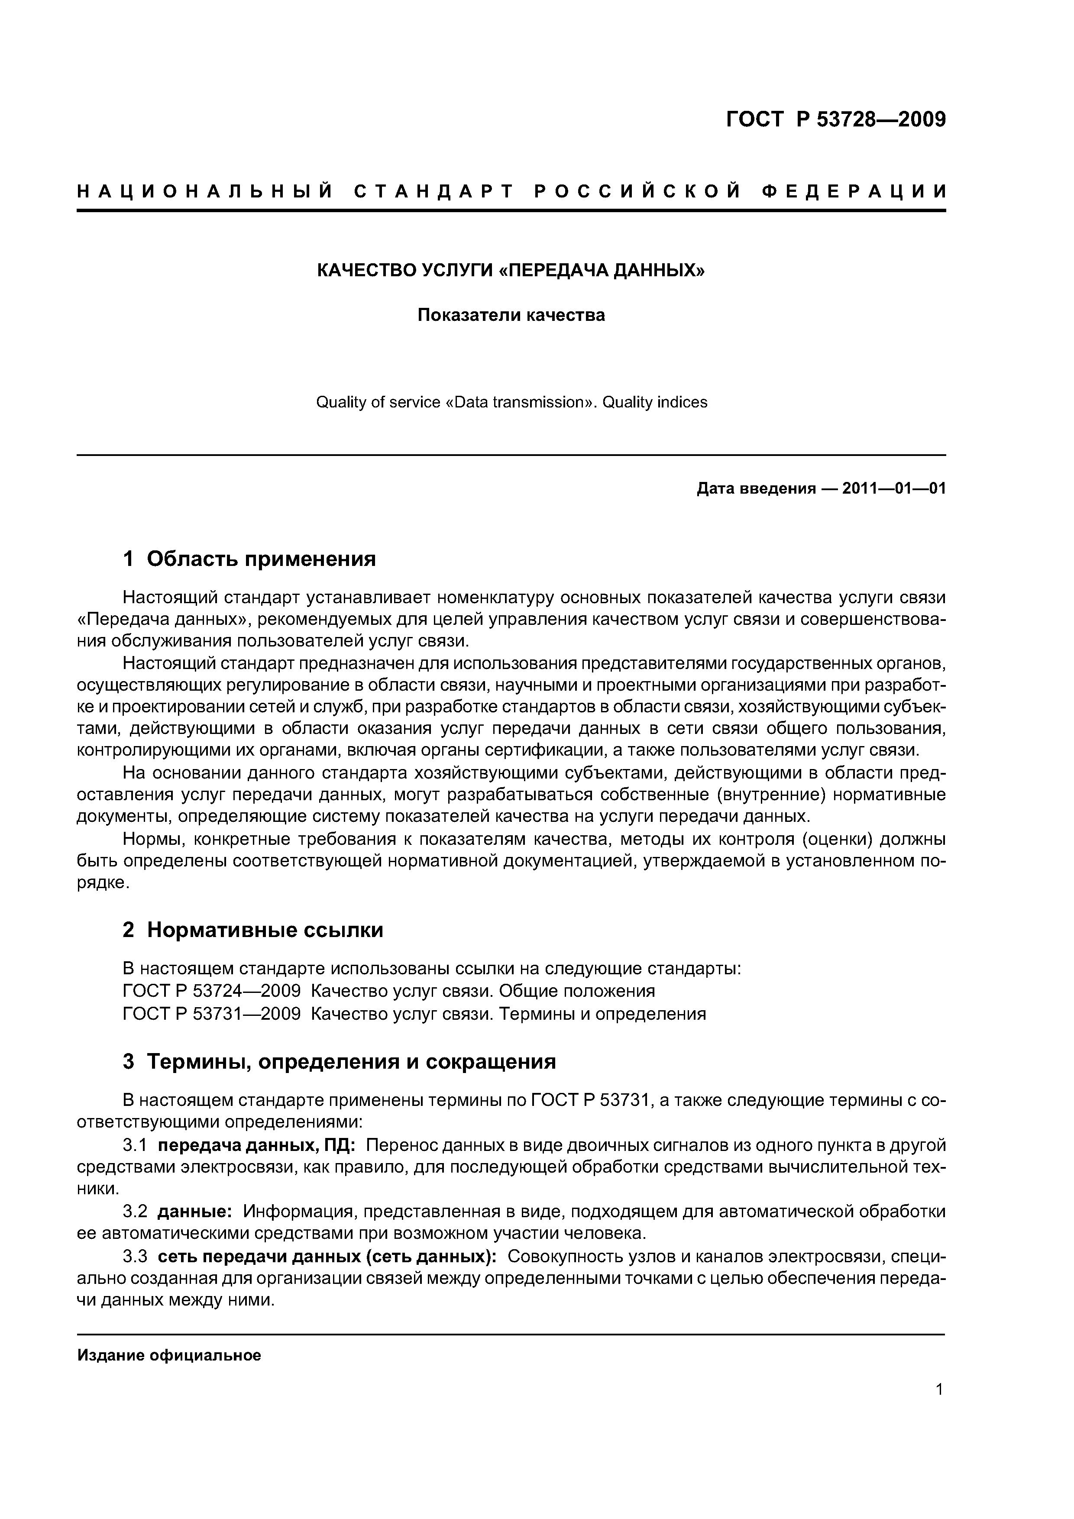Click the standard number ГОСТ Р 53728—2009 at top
tap(836, 120)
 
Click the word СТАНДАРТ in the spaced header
tap(433, 192)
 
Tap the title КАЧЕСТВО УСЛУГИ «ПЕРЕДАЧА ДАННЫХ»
tap(511, 271)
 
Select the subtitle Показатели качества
tap(511, 315)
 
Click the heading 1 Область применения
tap(249, 559)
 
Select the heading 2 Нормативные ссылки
tap(253, 930)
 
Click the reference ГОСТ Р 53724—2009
tap(212, 991)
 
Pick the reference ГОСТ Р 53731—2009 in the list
tap(212, 1014)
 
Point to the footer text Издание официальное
tap(169, 1356)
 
